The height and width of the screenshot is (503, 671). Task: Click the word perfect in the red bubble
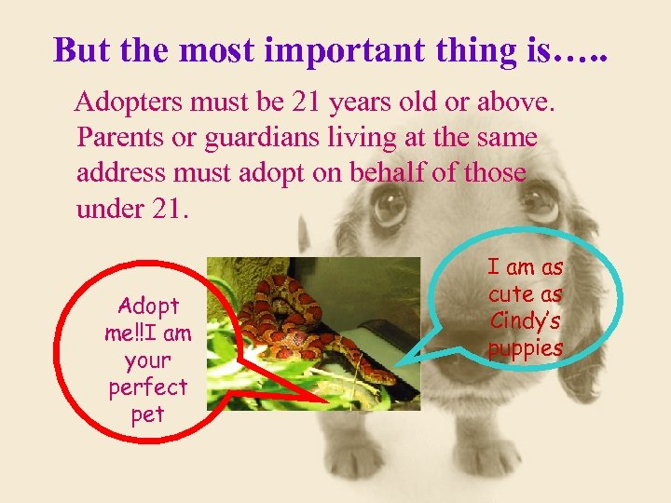point(147,387)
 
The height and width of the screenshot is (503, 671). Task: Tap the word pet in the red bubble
point(147,414)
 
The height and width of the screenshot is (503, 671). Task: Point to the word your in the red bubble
point(147,360)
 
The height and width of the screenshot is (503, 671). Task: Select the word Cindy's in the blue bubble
point(525,321)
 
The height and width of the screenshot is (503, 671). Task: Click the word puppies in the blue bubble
point(525,348)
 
